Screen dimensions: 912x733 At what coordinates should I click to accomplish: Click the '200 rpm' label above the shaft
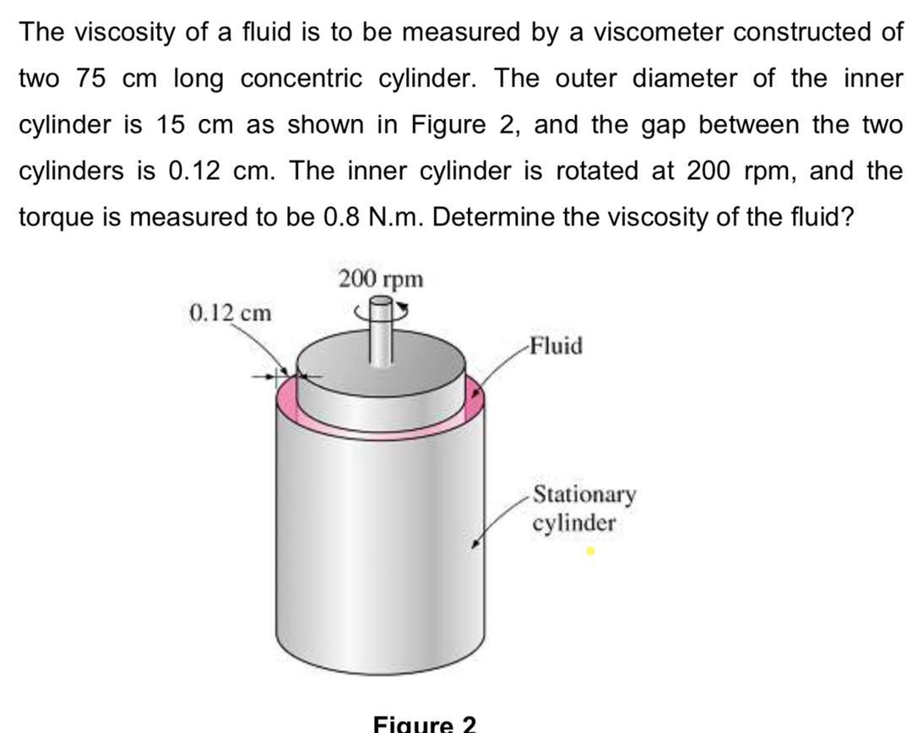(x=381, y=278)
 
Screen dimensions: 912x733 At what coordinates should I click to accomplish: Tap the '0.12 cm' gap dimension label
(x=231, y=313)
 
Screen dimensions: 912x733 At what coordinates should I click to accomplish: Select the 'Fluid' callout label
(x=556, y=346)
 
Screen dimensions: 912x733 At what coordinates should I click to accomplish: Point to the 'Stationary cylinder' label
(x=583, y=508)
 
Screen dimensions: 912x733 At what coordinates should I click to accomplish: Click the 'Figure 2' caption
(x=425, y=724)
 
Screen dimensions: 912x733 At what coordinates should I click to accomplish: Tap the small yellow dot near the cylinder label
(x=590, y=551)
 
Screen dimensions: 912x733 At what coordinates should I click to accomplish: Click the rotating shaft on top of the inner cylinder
(x=382, y=334)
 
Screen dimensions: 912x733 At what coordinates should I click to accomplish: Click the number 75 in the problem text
(x=92, y=79)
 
